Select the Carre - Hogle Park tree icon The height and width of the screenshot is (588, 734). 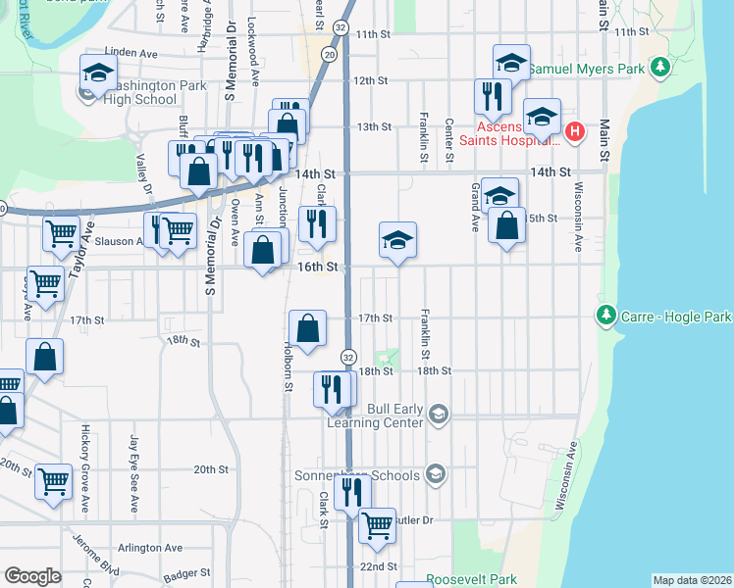click(x=605, y=316)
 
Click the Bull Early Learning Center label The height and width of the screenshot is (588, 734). click(x=394, y=416)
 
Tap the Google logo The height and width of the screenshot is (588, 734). click(x=33, y=575)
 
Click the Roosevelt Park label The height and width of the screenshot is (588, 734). click(x=471, y=579)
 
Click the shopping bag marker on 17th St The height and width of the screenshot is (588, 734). click(x=308, y=328)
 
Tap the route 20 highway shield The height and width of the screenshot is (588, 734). click(x=329, y=56)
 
